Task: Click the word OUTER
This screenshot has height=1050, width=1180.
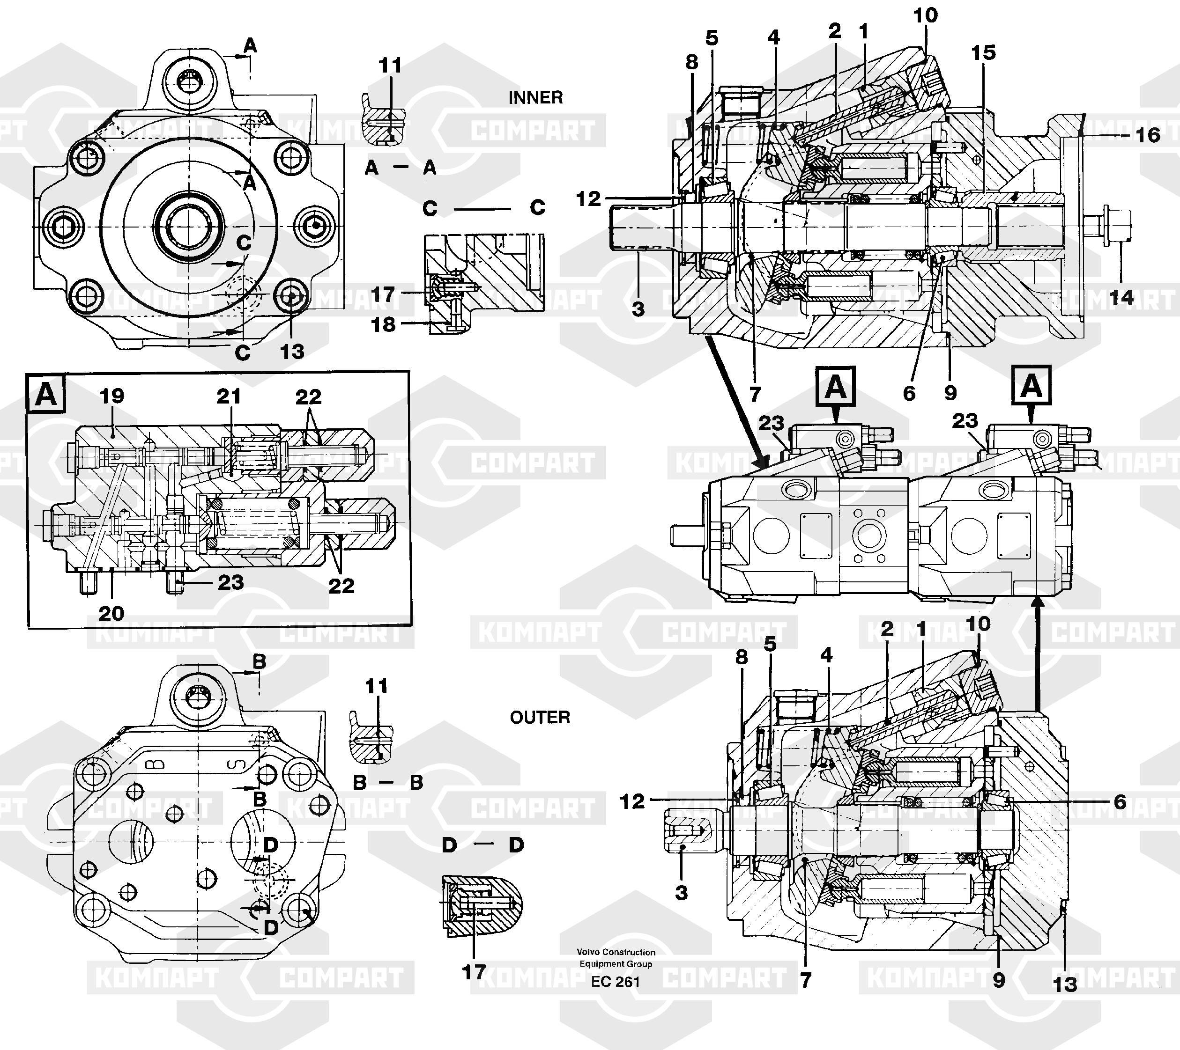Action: point(540,717)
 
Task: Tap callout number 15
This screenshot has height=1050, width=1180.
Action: point(983,52)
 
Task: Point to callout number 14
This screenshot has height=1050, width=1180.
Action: point(1121,298)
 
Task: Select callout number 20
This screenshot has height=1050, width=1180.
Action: point(111,613)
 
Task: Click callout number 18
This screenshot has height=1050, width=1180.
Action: point(383,324)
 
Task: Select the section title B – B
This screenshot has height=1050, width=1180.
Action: point(388,782)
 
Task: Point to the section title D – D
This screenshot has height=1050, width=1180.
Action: point(482,845)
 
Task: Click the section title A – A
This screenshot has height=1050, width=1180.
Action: point(400,168)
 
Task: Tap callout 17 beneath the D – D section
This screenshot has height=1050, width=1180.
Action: point(474,972)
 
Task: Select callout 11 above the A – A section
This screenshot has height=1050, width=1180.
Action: point(390,65)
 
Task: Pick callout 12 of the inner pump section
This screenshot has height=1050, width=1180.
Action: point(588,199)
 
